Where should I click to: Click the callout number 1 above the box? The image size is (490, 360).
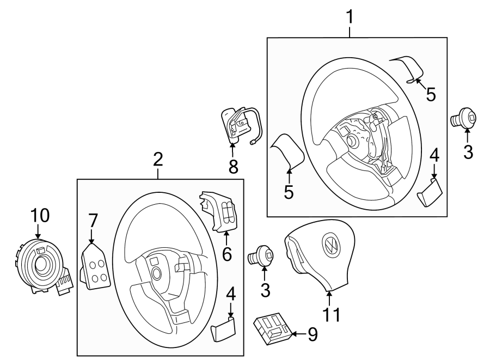[350, 17]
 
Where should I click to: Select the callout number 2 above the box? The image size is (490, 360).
[158, 159]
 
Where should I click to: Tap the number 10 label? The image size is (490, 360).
[40, 216]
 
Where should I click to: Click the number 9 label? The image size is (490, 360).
[312, 334]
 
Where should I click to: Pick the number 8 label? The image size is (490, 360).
[233, 167]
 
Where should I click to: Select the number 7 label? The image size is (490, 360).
[93, 220]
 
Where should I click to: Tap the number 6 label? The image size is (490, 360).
[226, 253]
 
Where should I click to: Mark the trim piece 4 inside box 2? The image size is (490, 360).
[223, 330]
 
